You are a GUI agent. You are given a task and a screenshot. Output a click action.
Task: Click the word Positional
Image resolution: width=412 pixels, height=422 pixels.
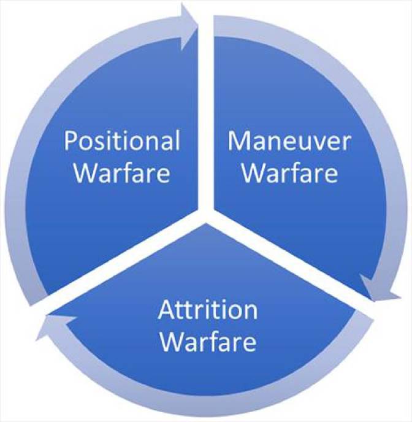[x=123, y=142]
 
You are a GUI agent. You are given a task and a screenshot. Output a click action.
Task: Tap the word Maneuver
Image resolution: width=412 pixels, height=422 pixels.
[x=289, y=142]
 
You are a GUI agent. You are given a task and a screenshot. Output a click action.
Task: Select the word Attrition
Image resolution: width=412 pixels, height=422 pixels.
[x=208, y=311]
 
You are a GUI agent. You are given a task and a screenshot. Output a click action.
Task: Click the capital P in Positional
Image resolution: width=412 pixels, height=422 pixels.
[x=71, y=142]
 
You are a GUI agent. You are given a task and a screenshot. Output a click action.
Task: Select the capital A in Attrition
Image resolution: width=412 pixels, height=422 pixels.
[x=166, y=311]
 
